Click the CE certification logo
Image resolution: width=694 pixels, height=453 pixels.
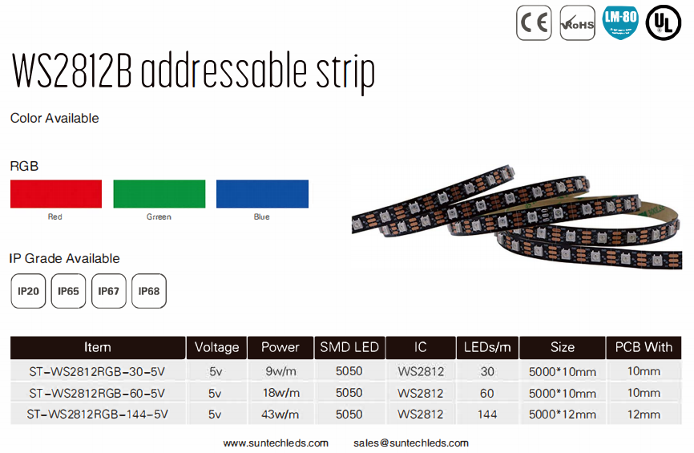click(534, 22)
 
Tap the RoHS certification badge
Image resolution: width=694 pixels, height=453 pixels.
click(577, 22)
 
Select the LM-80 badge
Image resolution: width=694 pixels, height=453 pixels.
click(619, 22)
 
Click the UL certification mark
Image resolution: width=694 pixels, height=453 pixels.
click(663, 22)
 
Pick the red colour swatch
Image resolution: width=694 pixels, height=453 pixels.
click(56, 194)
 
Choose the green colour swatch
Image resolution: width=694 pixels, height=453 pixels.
click(159, 194)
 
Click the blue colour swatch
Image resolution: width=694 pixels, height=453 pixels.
click(262, 194)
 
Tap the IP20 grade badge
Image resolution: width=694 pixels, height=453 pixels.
click(28, 291)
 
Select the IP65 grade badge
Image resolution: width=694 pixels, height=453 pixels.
click(69, 291)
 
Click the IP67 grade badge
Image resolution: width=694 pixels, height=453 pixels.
click(109, 291)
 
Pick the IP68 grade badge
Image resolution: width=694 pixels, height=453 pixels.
click(149, 291)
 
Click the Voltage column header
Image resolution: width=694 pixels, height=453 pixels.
click(216, 347)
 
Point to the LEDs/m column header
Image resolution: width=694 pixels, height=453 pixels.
click(487, 347)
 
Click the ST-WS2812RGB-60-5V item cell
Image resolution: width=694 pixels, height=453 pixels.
click(97, 393)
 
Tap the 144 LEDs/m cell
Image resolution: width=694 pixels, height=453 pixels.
click(487, 415)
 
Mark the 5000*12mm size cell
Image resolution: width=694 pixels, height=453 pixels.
click(563, 415)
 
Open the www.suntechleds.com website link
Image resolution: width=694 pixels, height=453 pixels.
click(276, 443)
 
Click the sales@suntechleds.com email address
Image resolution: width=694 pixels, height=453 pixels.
click(410, 443)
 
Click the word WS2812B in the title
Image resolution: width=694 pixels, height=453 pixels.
click(72, 72)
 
